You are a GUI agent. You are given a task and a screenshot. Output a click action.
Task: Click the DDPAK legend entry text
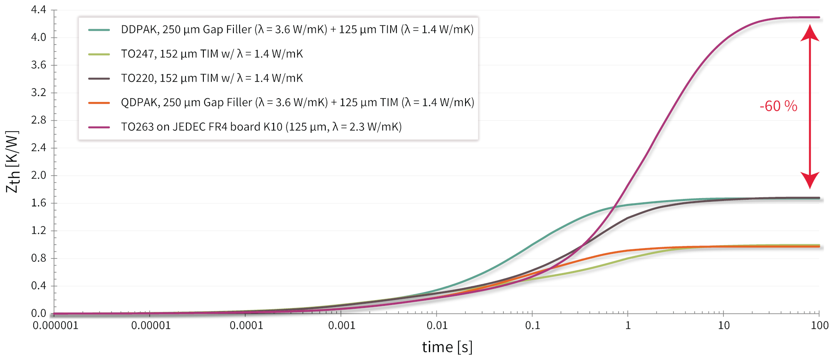tap(297, 30)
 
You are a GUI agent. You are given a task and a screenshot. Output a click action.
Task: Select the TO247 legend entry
tap(212, 54)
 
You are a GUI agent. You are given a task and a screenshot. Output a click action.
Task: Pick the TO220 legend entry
tap(212, 78)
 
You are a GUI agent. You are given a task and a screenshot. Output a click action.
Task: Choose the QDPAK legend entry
tap(297, 102)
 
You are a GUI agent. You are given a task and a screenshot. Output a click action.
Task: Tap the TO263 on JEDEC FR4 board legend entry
tap(261, 127)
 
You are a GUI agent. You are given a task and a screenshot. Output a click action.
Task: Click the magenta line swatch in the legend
tap(99, 127)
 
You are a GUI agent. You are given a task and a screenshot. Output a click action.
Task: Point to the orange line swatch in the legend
tap(99, 103)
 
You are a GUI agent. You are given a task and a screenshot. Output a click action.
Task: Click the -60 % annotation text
tap(778, 106)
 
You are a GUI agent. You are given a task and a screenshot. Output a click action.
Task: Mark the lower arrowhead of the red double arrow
tap(810, 180)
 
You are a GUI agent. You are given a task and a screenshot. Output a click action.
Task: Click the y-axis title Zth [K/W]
tap(12, 161)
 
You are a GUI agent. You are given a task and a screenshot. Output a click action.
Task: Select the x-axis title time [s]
tap(447, 347)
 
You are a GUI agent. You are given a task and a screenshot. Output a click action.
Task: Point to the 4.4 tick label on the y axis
tap(39, 10)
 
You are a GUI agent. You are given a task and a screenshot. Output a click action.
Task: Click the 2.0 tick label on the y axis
tap(39, 175)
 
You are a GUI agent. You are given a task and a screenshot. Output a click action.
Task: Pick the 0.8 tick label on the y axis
tap(39, 258)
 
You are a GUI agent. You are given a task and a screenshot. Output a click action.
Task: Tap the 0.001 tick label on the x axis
tap(342, 325)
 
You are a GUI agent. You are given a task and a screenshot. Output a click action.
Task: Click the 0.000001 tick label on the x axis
tap(55, 325)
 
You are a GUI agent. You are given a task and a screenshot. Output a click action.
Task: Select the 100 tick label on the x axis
tap(820, 325)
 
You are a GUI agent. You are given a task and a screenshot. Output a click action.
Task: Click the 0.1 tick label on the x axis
tap(532, 325)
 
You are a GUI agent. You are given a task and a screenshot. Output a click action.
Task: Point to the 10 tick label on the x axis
tap(724, 325)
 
